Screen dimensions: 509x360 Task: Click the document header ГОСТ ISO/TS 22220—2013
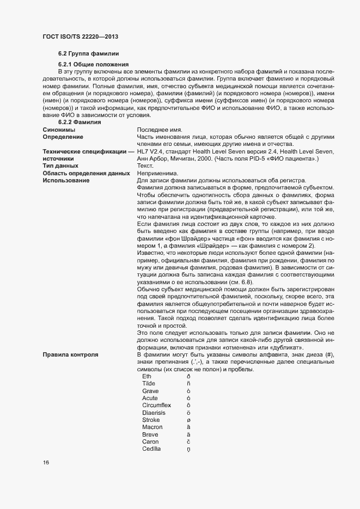click(80, 36)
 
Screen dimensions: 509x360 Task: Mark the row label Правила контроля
click(70, 355)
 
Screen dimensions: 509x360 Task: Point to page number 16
click(46, 463)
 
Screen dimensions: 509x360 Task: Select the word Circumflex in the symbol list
click(156, 405)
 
